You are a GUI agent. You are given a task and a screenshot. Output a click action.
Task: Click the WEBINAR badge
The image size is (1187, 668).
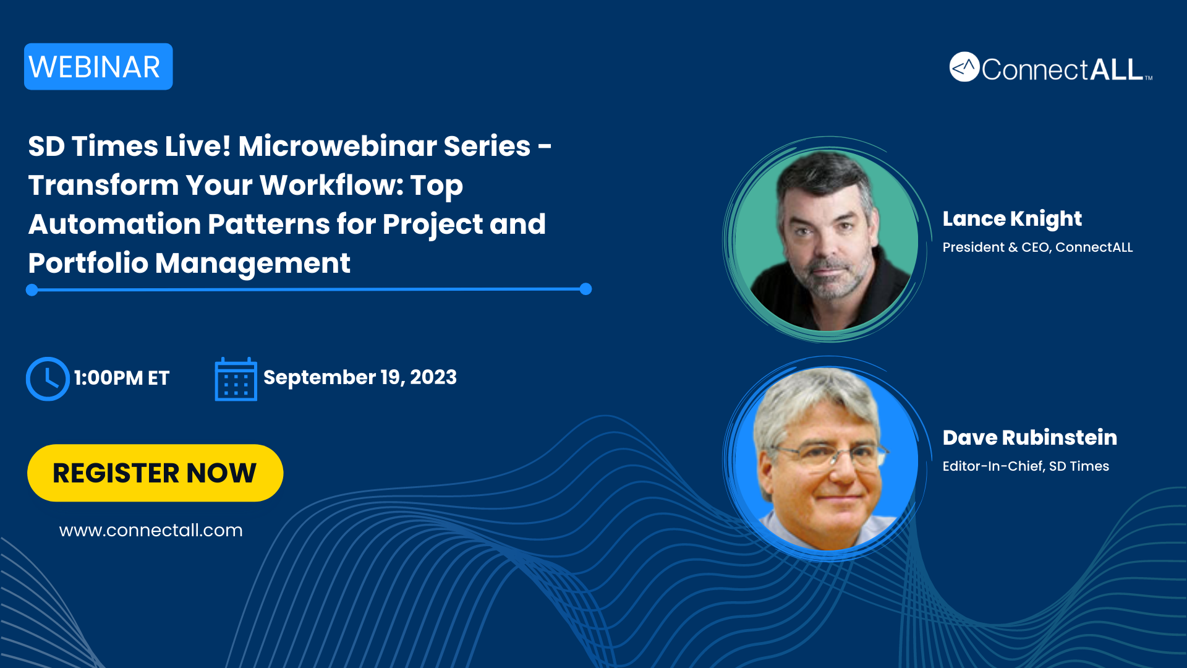tap(98, 67)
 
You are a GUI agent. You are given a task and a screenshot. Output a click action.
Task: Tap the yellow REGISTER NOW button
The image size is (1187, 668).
tap(155, 473)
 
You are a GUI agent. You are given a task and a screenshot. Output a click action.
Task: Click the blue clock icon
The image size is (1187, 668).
tap(48, 379)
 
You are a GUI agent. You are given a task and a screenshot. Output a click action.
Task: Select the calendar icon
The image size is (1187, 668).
tap(236, 379)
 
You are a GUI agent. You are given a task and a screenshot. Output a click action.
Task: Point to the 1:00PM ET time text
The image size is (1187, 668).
tap(122, 378)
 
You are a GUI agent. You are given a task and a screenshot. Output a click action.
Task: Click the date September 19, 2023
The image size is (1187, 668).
tap(360, 377)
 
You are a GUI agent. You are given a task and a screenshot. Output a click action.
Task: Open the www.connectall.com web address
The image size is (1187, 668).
tap(151, 530)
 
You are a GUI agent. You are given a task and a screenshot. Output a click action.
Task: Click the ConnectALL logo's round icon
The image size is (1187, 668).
tap(964, 67)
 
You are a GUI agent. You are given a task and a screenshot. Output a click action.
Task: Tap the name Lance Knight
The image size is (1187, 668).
tap(1012, 219)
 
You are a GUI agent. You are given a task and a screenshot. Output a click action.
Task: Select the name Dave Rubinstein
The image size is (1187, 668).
tap(1030, 437)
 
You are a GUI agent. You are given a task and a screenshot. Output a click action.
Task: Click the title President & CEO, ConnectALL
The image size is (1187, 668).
tap(1037, 247)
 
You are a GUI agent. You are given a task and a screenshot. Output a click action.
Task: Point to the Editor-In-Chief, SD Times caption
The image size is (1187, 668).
tap(1026, 466)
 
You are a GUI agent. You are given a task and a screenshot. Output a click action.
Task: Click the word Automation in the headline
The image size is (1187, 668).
tap(114, 224)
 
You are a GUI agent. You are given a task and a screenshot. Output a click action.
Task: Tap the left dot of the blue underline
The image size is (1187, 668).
tap(32, 290)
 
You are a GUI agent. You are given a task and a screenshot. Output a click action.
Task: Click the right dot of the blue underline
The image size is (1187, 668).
tap(586, 289)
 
